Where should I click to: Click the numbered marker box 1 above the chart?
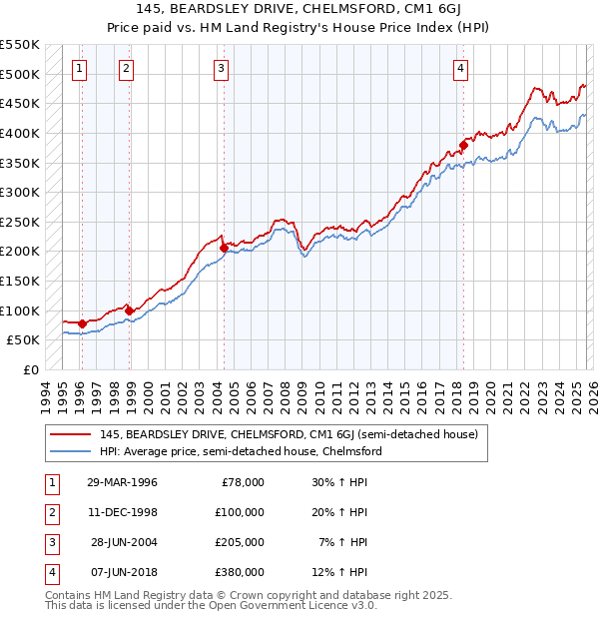coord(79,69)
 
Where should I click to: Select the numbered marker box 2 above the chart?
coord(127,69)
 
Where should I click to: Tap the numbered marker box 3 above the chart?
coord(221,69)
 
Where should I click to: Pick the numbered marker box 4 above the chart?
coord(460,69)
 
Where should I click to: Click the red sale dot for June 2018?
coord(464,145)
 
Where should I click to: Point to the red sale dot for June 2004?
coord(224,248)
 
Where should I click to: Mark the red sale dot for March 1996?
coord(82,323)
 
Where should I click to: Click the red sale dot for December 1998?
coord(129,310)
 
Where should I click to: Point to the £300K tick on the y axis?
coord(21,192)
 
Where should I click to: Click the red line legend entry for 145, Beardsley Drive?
coord(289,434)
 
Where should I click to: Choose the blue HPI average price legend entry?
coord(241,451)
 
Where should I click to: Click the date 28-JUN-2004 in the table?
coord(124,542)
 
